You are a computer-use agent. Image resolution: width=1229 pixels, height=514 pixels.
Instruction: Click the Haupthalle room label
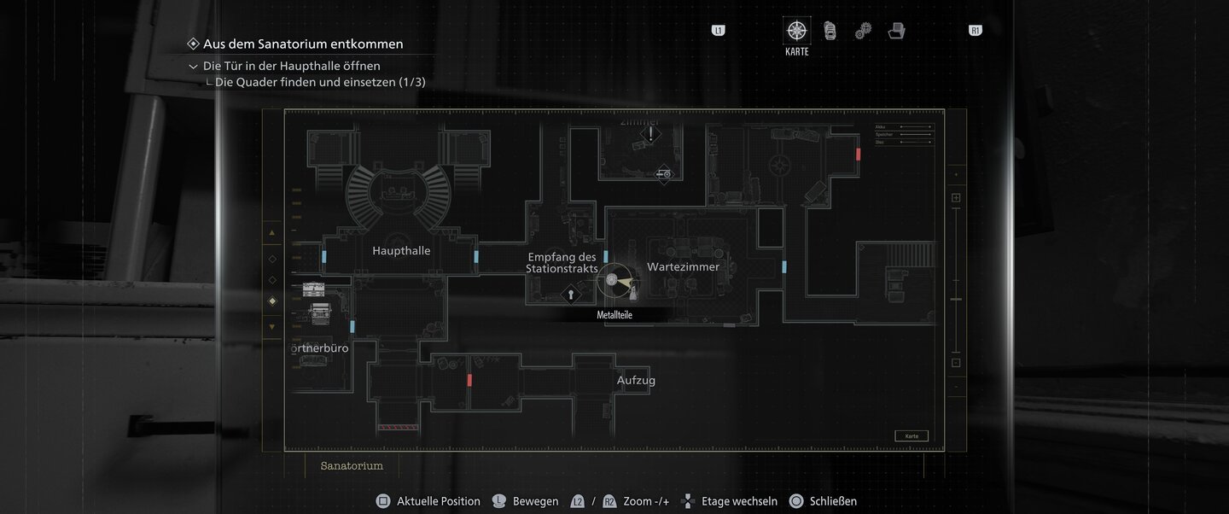point(401,251)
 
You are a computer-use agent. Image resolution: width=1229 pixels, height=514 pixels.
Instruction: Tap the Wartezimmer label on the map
point(683,267)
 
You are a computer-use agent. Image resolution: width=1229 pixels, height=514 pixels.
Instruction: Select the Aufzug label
point(636,381)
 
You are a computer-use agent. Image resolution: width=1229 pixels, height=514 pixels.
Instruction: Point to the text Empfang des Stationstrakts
point(562,263)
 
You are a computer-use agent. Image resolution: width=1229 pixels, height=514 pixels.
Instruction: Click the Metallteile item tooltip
point(614,315)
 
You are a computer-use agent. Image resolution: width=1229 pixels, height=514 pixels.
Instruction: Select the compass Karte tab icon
point(796,31)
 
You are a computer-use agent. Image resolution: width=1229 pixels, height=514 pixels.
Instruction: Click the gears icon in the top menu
point(863,31)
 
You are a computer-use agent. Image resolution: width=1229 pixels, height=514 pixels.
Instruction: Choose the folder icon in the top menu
point(896,31)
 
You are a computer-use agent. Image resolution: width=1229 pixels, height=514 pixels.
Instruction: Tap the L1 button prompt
point(718,31)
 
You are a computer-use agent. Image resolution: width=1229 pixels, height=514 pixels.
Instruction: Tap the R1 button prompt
point(976,31)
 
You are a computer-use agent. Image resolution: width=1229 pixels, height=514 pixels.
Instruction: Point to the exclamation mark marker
point(651,134)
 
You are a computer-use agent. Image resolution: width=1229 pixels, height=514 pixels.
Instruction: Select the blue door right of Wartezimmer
point(784,266)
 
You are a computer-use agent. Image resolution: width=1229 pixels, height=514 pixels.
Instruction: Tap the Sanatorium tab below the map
point(352,466)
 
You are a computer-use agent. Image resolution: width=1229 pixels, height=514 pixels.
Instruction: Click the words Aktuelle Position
point(438,501)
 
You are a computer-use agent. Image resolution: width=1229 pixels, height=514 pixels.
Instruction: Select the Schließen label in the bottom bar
point(833,501)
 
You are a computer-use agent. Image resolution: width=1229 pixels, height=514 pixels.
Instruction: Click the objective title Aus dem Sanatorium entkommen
point(303,44)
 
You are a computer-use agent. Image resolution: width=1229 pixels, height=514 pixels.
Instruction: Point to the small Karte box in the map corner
point(912,436)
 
